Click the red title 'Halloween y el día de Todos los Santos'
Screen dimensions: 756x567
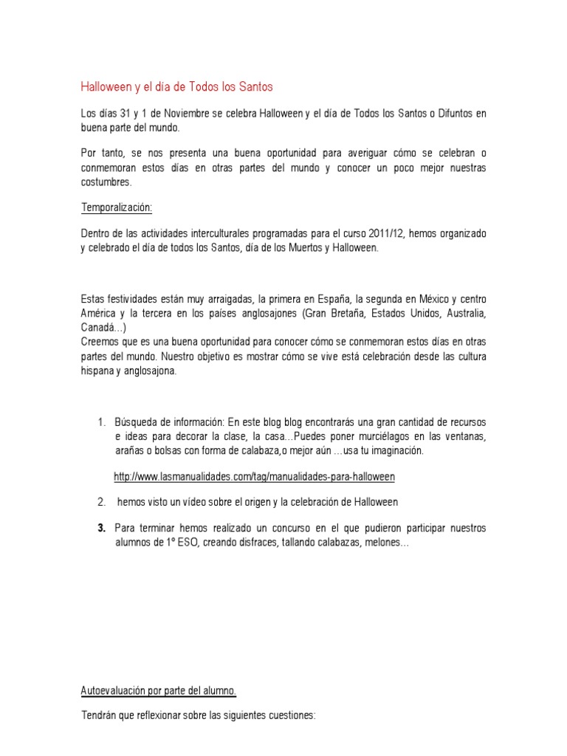[176, 86]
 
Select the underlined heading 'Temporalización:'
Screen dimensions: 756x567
[116, 207]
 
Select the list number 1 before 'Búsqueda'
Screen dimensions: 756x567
[100, 422]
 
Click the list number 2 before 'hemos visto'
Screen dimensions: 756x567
[101, 503]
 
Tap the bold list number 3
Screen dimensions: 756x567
[101, 529]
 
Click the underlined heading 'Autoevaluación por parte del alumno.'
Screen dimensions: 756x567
[158, 691]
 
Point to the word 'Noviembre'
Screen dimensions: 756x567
[169, 113]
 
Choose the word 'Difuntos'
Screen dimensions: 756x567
[447, 113]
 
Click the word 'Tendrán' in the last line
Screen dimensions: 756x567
[98, 715]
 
